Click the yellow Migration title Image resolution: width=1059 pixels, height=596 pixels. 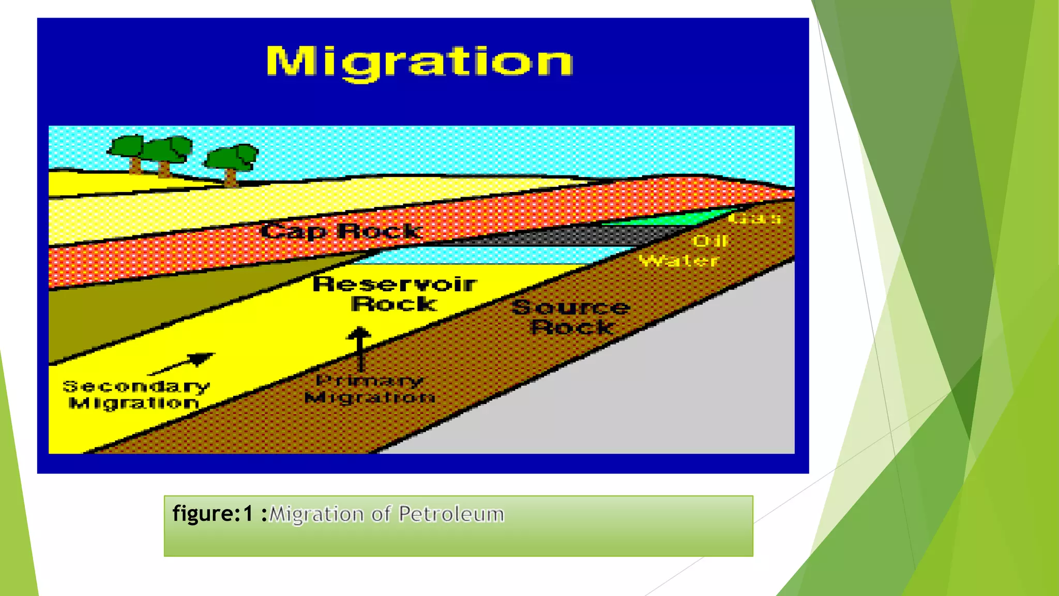click(419, 62)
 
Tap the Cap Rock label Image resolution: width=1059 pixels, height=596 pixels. click(341, 231)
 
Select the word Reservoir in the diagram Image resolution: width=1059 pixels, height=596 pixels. click(395, 284)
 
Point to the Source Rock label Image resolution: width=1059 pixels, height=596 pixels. click(571, 317)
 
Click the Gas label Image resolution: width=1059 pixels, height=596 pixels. click(755, 219)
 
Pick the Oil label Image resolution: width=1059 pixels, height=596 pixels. click(710, 241)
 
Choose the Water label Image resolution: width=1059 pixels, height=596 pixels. click(679, 260)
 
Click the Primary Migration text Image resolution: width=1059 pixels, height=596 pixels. click(370, 389)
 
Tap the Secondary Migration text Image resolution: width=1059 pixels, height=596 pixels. click(135, 394)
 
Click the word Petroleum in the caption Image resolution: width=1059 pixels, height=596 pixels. click(451, 514)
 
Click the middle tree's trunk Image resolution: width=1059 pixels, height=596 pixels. click(164, 169)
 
